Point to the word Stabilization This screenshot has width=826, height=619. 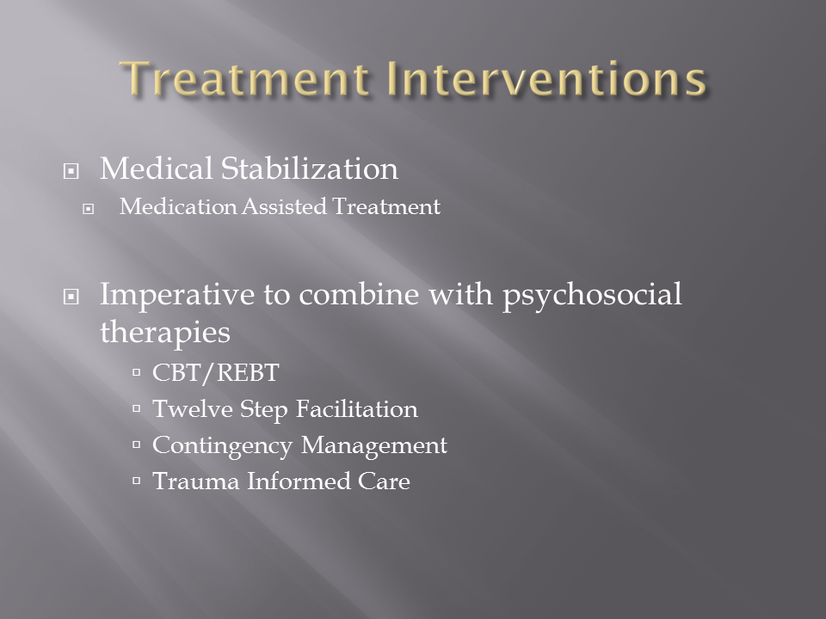(x=309, y=169)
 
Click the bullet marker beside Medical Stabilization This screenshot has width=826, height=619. (x=71, y=171)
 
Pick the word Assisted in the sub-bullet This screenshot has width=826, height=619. (x=284, y=206)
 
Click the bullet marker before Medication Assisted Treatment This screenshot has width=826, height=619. (x=88, y=209)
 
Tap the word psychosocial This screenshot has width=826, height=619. (x=592, y=296)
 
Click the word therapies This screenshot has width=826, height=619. (x=165, y=333)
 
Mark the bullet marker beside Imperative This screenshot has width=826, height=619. (x=71, y=297)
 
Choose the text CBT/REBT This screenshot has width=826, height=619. (x=215, y=372)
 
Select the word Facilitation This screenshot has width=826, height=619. (x=356, y=409)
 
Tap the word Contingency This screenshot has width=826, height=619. (x=222, y=446)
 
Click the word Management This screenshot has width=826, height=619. (x=374, y=446)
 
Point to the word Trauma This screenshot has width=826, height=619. (x=195, y=481)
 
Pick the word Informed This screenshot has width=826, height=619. (x=299, y=481)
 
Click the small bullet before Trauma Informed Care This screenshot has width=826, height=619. (x=137, y=480)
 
